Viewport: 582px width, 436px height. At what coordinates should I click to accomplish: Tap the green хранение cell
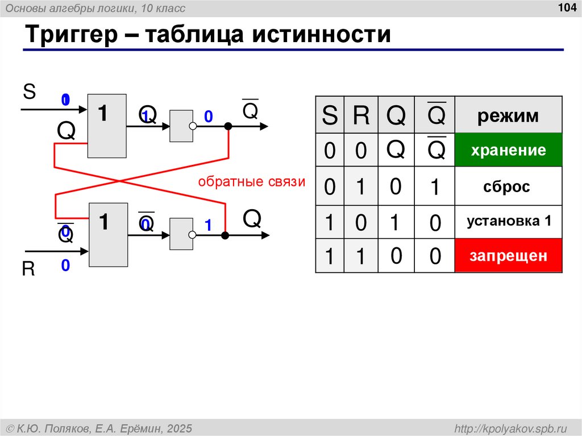click(508, 151)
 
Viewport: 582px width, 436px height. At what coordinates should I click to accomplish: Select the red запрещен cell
click(508, 256)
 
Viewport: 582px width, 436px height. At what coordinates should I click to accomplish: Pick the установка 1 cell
click(509, 221)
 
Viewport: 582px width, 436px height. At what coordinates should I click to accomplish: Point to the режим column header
click(508, 116)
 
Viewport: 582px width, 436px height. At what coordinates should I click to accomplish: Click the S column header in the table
click(329, 117)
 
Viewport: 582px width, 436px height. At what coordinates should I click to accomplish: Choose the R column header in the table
click(361, 117)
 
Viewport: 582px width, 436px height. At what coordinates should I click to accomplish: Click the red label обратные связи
click(251, 182)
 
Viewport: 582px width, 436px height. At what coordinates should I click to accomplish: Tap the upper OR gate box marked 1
click(107, 126)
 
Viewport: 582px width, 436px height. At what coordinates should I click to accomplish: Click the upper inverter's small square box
click(181, 126)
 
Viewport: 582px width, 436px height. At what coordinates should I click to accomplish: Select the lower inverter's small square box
click(181, 234)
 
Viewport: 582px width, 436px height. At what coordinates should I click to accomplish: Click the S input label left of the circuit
click(29, 92)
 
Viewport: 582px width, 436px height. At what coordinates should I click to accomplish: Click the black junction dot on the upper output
click(228, 126)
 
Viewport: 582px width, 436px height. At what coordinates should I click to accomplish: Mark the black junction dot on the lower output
click(225, 235)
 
